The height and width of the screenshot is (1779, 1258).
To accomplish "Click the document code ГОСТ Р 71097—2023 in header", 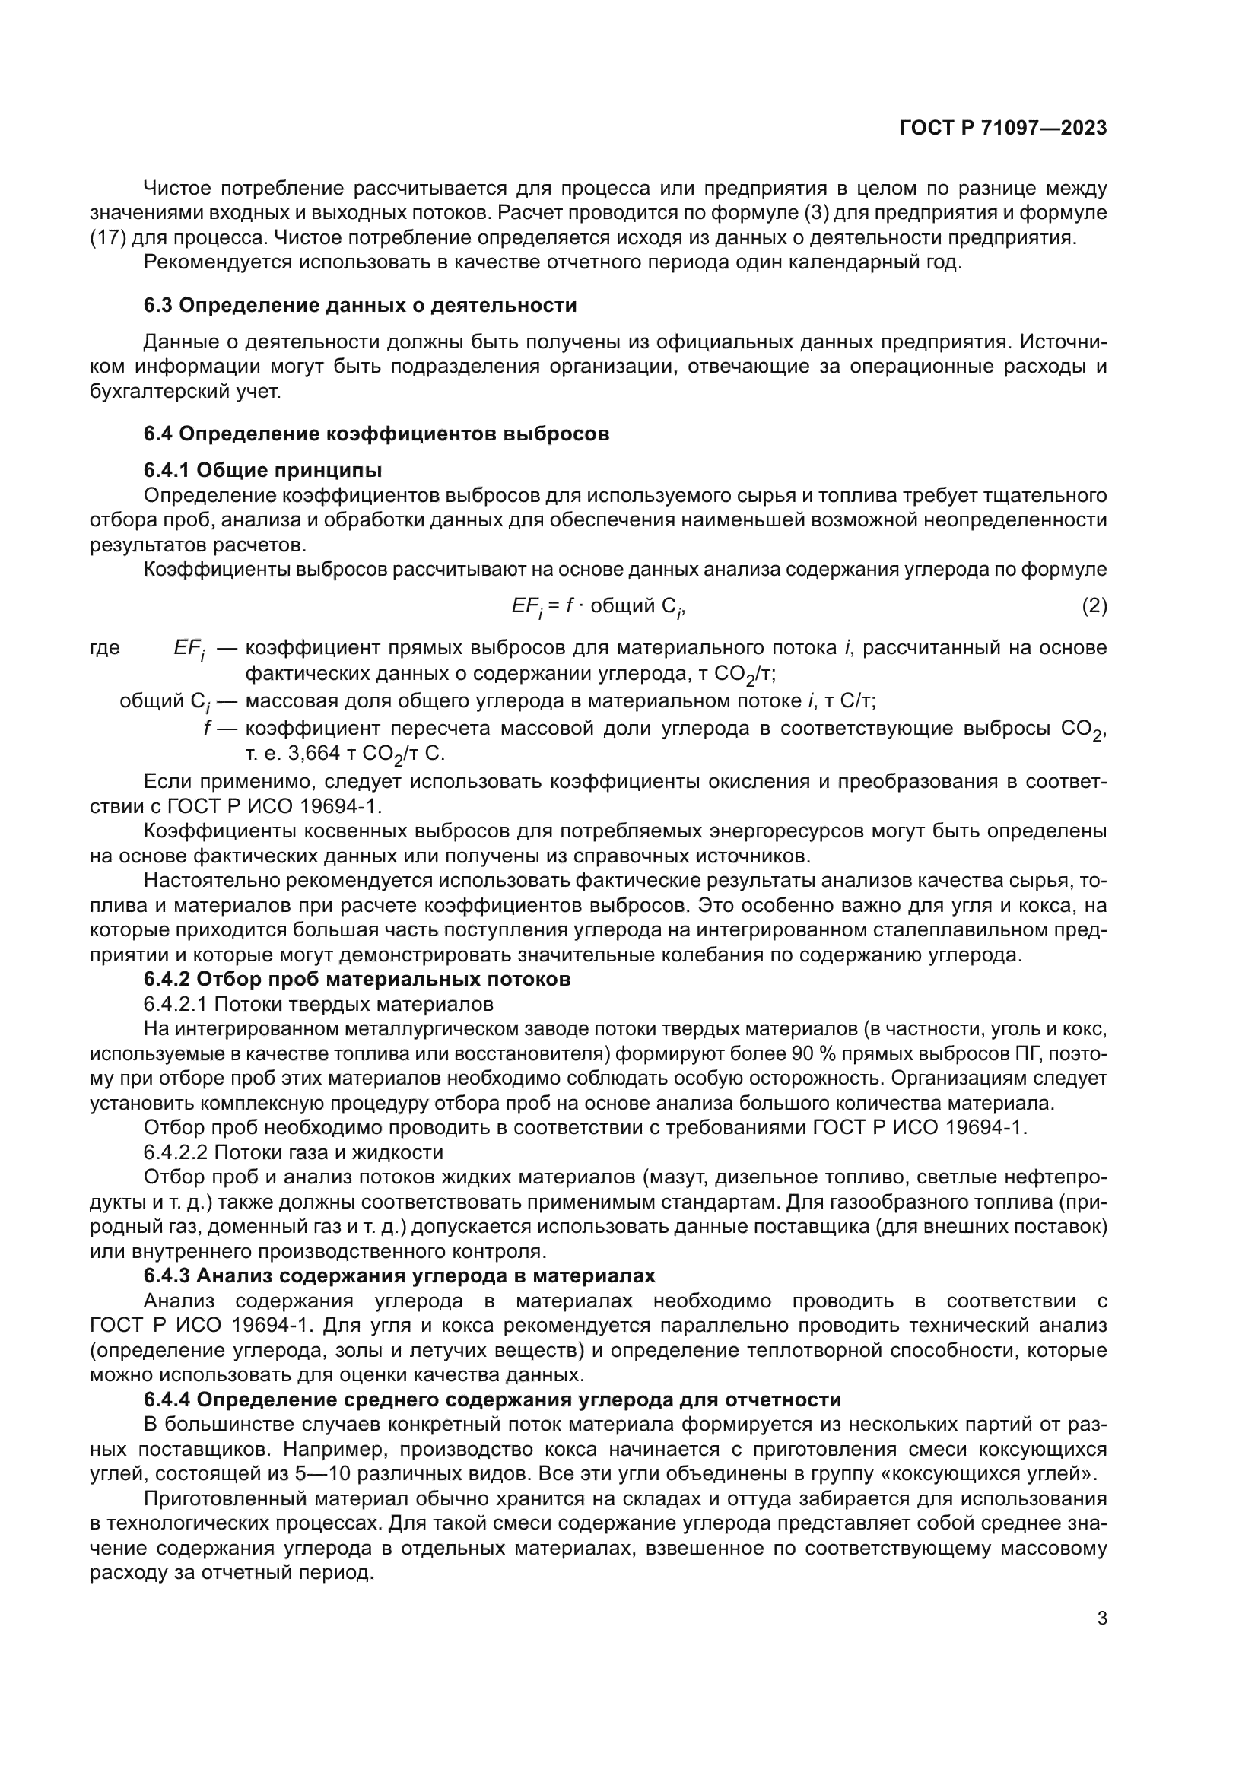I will [x=1003, y=129].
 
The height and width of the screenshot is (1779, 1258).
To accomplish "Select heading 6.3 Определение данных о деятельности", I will [x=361, y=305].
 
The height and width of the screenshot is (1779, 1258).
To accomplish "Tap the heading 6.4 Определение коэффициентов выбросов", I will [x=376, y=434].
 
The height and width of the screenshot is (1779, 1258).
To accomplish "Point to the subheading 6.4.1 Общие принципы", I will [x=262, y=470].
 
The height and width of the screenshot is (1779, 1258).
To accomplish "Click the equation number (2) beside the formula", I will [x=1094, y=606].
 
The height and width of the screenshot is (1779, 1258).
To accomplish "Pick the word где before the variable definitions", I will [x=106, y=648].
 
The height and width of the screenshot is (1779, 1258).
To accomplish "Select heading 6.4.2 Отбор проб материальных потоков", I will [x=357, y=980].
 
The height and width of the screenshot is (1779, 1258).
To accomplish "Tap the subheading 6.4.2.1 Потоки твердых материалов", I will [x=319, y=1005].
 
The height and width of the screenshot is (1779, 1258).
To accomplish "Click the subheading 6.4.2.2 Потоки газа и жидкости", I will [x=294, y=1152].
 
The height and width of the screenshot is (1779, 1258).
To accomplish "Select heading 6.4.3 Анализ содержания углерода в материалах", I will [x=400, y=1276].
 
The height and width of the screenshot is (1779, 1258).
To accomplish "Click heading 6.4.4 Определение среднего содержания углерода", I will [x=493, y=1400].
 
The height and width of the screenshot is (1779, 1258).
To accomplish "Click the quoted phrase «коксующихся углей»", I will [x=999, y=1474].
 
